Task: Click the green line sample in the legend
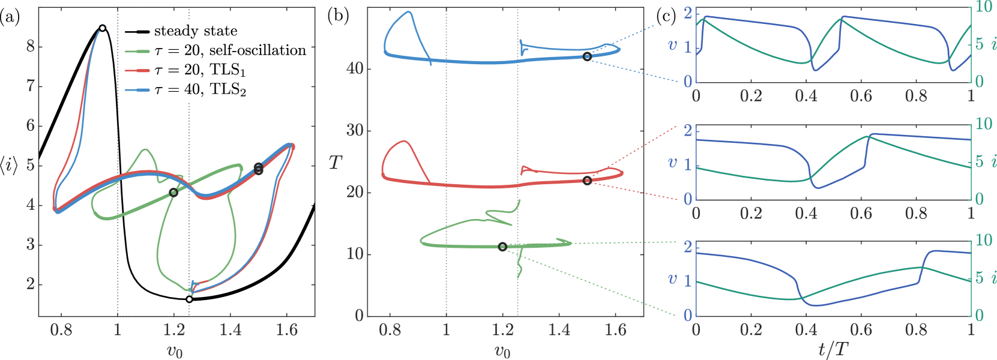pos(137,52)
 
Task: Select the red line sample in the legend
pos(137,71)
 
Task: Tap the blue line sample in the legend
pos(137,90)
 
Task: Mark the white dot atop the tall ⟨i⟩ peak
pos(103,28)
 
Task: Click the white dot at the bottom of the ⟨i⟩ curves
pos(189,299)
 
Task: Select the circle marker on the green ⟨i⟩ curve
pos(173,193)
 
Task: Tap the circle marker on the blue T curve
pos(587,56)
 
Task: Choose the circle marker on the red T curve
pos(587,181)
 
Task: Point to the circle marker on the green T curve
pos(502,247)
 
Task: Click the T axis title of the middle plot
pos(336,162)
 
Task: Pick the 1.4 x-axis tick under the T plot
pos(559,329)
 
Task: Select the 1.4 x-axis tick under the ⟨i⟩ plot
pos(230,329)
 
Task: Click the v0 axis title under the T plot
pos(502,350)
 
